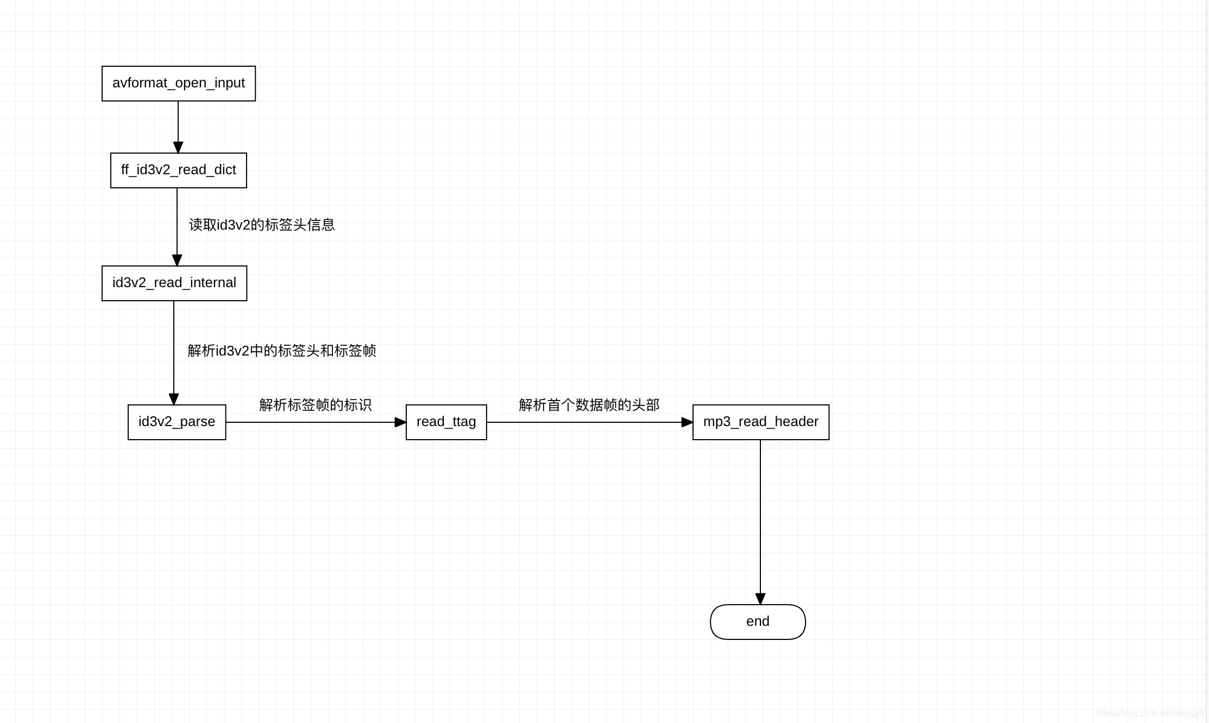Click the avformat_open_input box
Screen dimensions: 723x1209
click(179, 84)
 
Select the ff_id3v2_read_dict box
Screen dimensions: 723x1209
click(179, 170)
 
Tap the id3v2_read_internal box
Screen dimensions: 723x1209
click(174, 283)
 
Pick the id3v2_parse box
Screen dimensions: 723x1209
click(177, 422)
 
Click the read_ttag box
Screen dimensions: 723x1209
click(446, 422)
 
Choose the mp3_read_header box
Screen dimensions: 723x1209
click(761, 422)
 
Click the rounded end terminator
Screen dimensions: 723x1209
click(758, 622)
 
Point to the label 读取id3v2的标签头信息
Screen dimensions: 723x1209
click(262, 225)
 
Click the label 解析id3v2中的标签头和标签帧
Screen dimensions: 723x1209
click(282, 351)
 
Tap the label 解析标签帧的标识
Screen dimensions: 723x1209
click(316, 405)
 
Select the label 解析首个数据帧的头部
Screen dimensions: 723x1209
click(589, 405)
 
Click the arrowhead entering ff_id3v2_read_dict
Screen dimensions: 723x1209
click(178, 148)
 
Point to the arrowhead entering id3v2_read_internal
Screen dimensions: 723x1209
click(177, 261)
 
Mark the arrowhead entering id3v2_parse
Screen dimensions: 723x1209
click(174, 399)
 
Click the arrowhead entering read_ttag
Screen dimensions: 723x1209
click(400, 422)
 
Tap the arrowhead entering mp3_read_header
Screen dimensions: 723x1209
click(687, 422)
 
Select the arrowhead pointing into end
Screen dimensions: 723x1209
click(760, 599)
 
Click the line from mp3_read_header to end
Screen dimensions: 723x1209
click(760, 516)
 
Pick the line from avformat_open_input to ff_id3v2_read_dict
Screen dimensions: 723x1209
click(178, 122)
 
